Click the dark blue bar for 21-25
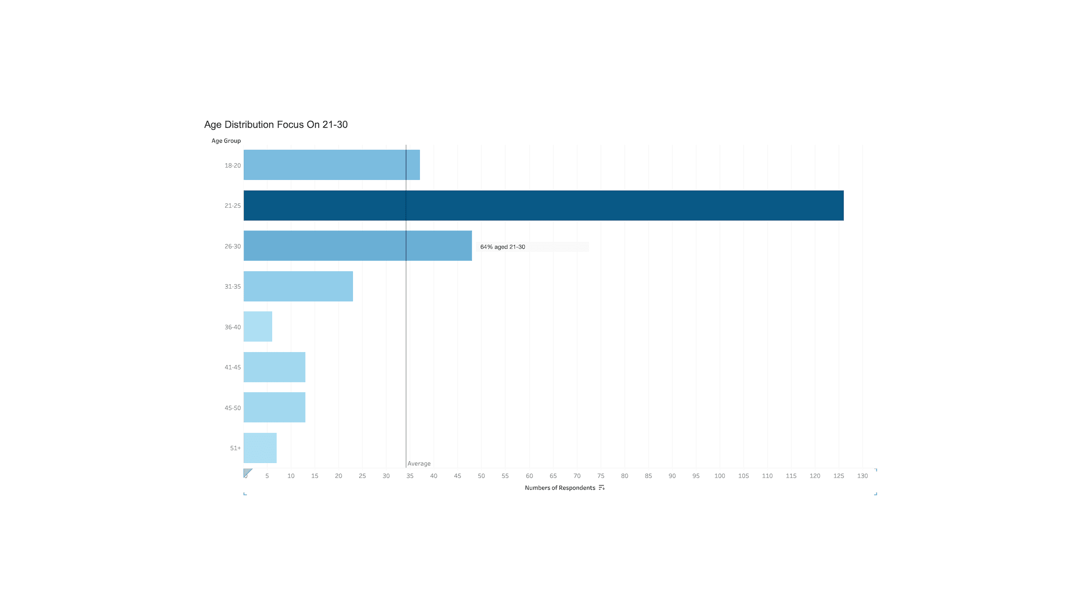point(543,205)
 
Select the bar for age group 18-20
point(331,165)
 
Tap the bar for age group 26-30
point(357,245)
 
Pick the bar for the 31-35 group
point(298,286)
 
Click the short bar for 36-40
point(258,326)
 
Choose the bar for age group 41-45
point(274,367)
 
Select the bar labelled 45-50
point(274,407)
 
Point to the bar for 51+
point(260,448)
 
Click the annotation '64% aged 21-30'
point(503,247)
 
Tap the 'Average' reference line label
point(419,464)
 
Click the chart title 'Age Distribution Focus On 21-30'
point(276,124)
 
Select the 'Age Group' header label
point(226,141)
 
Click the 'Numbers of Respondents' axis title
point(560,488)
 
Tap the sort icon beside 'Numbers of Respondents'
point(601,488)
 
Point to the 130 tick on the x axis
point(862,476)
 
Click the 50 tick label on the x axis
point(481,476)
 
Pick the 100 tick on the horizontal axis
point(719,476)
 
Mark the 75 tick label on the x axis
point(600,476)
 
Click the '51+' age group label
point(235,448)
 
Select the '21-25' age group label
point(233,206)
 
